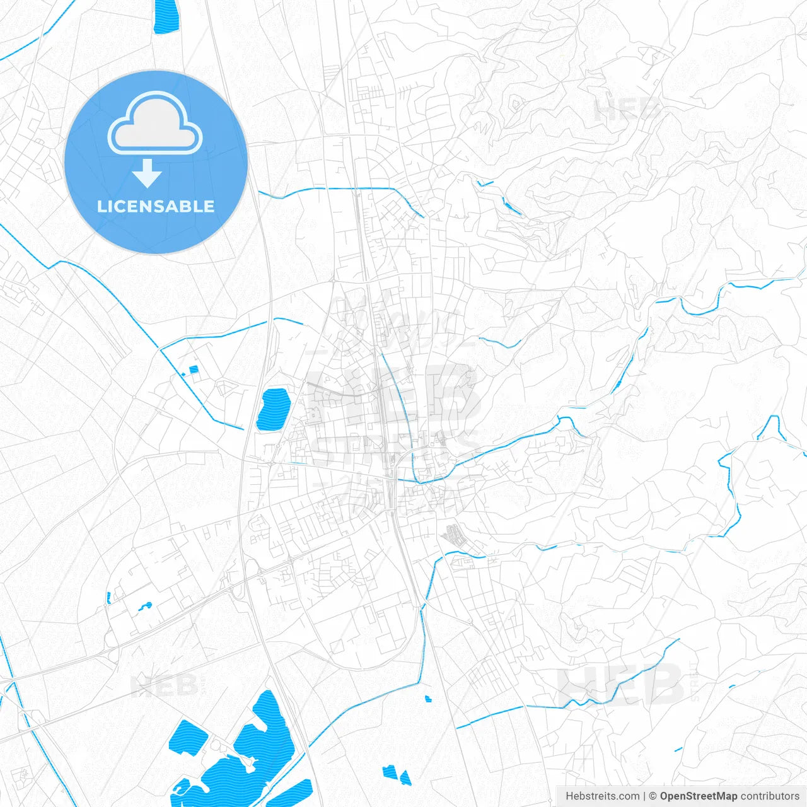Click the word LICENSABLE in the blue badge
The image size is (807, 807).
[156, 206]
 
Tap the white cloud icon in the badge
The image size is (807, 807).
[155, 123]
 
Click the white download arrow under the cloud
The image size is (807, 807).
[148, 173]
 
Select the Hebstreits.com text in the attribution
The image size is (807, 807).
[602, 796]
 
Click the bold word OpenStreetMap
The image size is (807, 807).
[698, 796]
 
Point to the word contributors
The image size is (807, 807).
[770, 796]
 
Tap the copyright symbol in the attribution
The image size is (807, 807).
[653, 796]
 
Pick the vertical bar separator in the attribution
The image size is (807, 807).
[644, 796]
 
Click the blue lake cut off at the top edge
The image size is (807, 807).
[165, 15]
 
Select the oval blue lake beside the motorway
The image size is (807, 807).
[273, 409]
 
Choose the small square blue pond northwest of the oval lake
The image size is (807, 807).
[194, 369]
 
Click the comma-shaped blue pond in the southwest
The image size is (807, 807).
[146, 607]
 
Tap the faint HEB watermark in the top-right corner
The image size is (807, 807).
[627, 110]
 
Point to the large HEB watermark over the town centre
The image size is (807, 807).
[394, 397]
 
